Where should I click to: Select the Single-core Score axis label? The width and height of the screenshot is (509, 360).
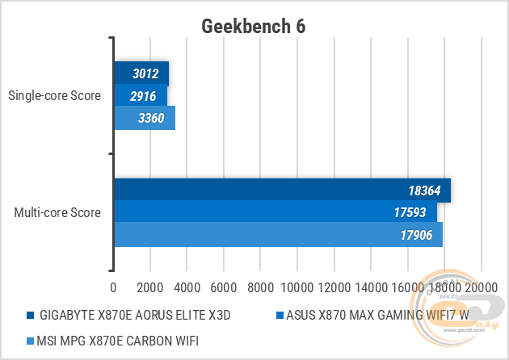54,96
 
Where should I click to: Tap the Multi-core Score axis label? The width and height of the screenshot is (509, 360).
57,213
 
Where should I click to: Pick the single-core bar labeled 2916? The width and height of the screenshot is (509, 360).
140,96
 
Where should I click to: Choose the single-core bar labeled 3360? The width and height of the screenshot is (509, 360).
144,119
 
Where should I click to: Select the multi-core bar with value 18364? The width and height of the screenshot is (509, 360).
281,190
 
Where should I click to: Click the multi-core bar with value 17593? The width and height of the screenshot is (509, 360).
275,213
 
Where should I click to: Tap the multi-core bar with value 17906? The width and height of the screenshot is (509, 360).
278,236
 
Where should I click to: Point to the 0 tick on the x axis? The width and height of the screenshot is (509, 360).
114,287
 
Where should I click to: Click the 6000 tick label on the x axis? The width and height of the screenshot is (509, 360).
225,287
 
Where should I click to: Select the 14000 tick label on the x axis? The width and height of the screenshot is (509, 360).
368,287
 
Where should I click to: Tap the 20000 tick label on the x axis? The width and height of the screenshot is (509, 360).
478,287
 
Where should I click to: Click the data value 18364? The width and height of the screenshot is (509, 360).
426,190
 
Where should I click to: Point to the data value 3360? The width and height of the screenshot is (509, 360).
151,119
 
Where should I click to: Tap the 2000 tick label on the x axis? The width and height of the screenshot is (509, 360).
151,287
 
